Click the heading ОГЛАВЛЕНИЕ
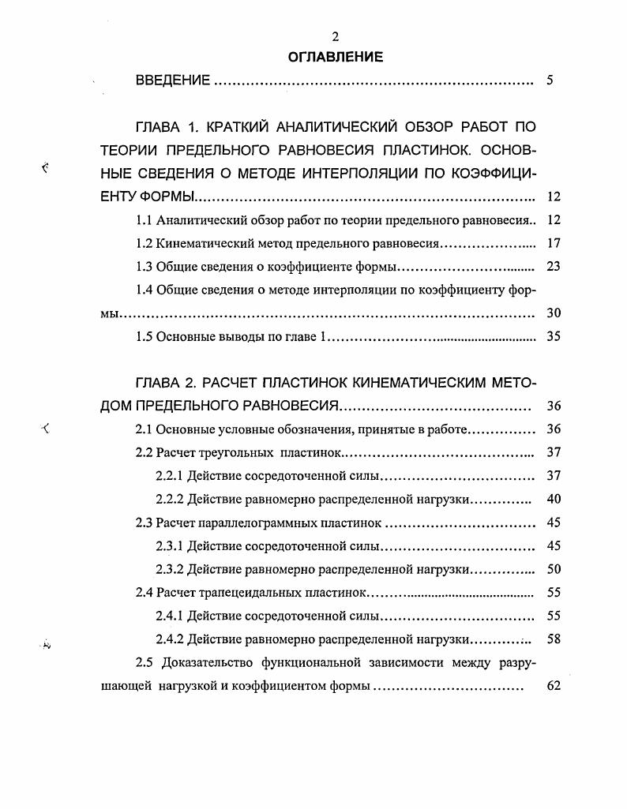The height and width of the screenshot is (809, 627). point(335,57)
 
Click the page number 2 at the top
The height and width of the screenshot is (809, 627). point(335,37)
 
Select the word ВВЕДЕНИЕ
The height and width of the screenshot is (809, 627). point(173,81)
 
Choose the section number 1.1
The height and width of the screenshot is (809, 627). point(145,219)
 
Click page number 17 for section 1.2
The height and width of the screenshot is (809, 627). point(553,243)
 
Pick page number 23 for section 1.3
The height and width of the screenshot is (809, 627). point(553,266)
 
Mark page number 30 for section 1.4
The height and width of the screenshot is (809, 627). point(553,313)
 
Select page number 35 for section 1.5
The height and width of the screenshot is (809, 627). point(553,337)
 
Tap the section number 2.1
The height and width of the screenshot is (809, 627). point(145,430)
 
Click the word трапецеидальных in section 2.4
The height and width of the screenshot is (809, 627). point(251,593)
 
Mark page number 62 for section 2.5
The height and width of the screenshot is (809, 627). point(553,686)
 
